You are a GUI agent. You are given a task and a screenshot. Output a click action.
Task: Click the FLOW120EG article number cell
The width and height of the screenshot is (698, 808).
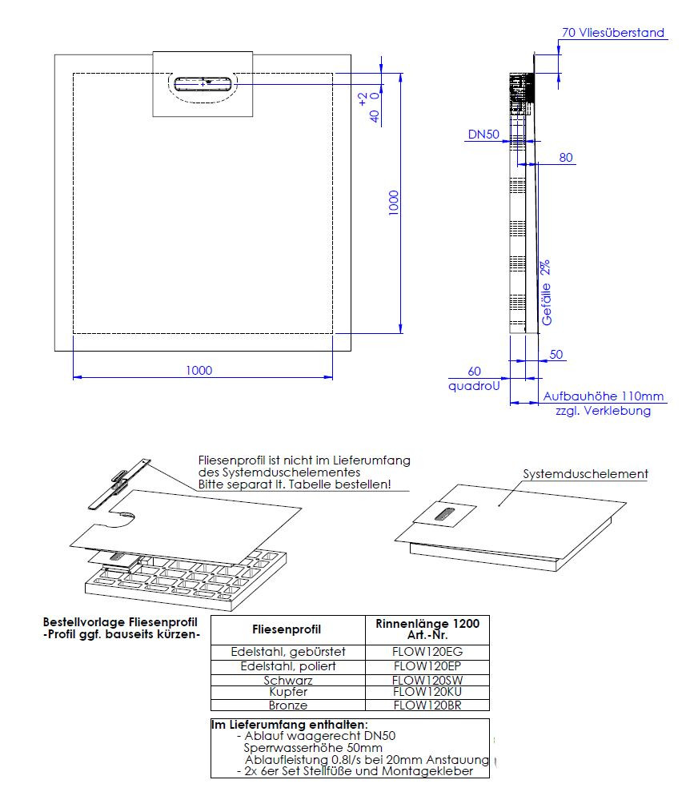[x=427, y=652]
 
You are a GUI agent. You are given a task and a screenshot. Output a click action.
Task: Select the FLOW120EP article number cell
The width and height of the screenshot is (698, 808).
[x=427, y=666]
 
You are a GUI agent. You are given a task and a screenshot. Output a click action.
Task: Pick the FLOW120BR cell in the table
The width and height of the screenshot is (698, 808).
[x=427, y=705]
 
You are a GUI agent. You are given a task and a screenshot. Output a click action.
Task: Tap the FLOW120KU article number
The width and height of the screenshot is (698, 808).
[x=427, y=692]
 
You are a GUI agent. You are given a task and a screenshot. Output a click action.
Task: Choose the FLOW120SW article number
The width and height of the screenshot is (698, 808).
[x=427, y=680]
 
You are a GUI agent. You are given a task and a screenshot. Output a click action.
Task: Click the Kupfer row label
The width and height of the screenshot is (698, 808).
[x=287, y=692]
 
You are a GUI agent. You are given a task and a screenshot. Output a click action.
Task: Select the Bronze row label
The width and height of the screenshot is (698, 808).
[x=287, y=705]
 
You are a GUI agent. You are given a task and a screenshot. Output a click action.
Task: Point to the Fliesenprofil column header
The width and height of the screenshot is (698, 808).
[x=287, y=629]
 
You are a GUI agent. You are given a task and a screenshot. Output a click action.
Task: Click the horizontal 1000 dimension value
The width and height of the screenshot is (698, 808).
[x=199, y=370]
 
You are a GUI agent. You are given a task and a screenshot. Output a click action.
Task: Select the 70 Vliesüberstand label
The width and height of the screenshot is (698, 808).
[x=613, y=33]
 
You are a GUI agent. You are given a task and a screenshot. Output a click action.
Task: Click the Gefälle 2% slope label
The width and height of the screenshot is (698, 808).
[x=547, y=291]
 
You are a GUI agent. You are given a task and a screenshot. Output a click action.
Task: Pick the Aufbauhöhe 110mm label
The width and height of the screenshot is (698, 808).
[x=604, y=396]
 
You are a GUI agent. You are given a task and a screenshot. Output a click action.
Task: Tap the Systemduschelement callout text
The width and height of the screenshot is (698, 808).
[x=585, y=474]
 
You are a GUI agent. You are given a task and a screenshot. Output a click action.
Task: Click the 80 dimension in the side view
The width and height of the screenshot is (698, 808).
[x=566, y=158]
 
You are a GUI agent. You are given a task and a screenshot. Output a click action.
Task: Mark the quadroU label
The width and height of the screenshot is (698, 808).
[x=474, y=385]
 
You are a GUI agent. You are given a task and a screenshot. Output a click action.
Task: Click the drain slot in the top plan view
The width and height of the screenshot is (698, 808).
[x=203, y=82]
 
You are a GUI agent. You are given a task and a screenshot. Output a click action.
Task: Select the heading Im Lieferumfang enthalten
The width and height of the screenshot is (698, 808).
[x=289, y=724]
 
